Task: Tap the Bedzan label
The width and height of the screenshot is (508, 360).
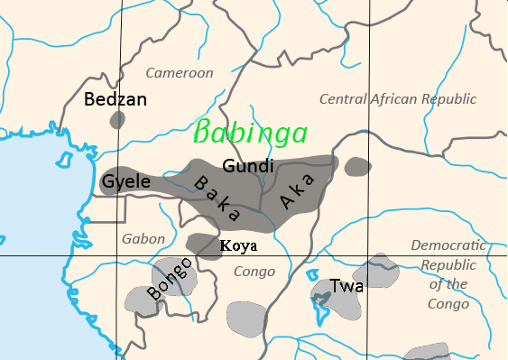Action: (115, 99)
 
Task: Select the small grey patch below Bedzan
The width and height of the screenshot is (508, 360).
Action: (115, 119)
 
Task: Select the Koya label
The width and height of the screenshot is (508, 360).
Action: (239, 245)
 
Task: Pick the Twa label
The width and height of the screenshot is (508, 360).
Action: (346, 286)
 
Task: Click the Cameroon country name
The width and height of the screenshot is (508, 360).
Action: (180, 73)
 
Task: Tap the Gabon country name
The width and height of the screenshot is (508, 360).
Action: (143, 239)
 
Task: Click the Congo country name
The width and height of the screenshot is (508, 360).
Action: (254, 271)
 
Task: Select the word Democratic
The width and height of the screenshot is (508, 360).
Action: (448, 245)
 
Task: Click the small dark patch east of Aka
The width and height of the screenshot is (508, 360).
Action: (358, 165)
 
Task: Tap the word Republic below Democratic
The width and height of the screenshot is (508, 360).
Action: (448, 265)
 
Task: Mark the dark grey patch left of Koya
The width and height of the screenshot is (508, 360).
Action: (203, 244)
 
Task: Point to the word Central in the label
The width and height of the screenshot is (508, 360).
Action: (346, 98)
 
